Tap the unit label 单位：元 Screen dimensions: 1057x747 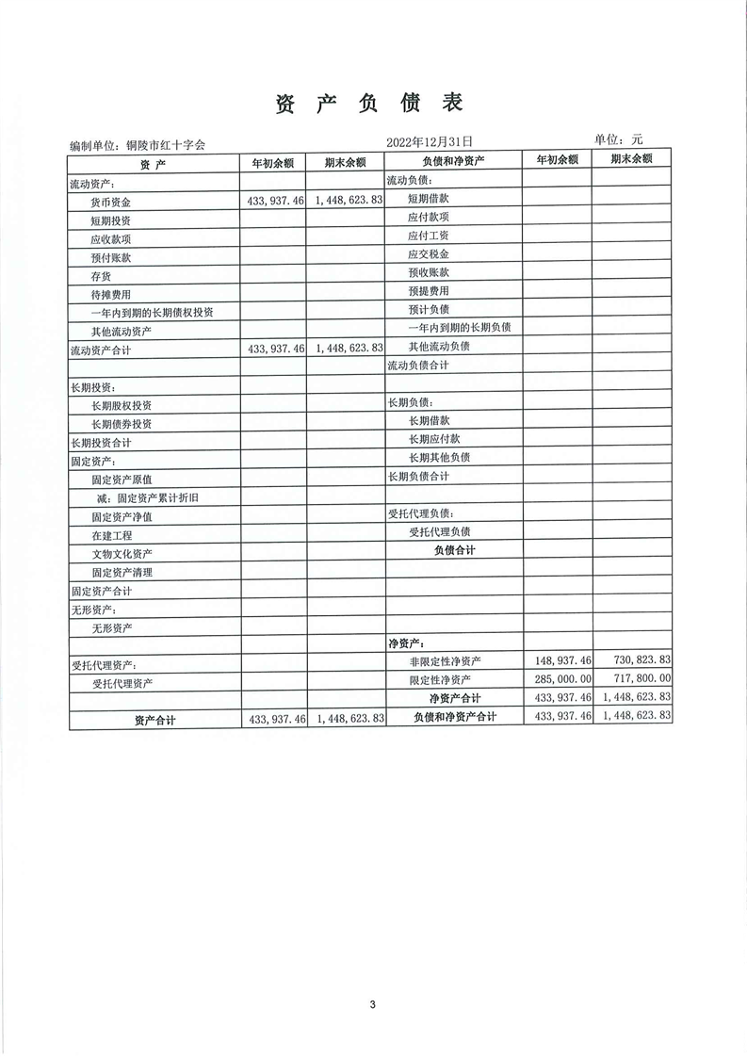pos(618,139)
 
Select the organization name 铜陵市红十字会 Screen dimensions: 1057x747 pos(165,145)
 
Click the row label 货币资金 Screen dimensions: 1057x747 pos(111,202)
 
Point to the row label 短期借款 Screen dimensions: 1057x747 pos(428,199)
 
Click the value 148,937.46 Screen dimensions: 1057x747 pos(562,660)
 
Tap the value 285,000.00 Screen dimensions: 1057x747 pos(562,678)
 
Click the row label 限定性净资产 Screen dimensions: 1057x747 pos(440,679)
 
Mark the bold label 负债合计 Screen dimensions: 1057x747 pos(454,550)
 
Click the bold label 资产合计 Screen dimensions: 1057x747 pos(155,720)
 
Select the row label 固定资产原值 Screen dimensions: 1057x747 pos(122,480)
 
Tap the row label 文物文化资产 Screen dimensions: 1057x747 pos(122,553)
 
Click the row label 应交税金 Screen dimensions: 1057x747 pos(428,254)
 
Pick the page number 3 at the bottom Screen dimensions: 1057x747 pos(373,1004)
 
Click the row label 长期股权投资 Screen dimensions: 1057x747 pos(122,405)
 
